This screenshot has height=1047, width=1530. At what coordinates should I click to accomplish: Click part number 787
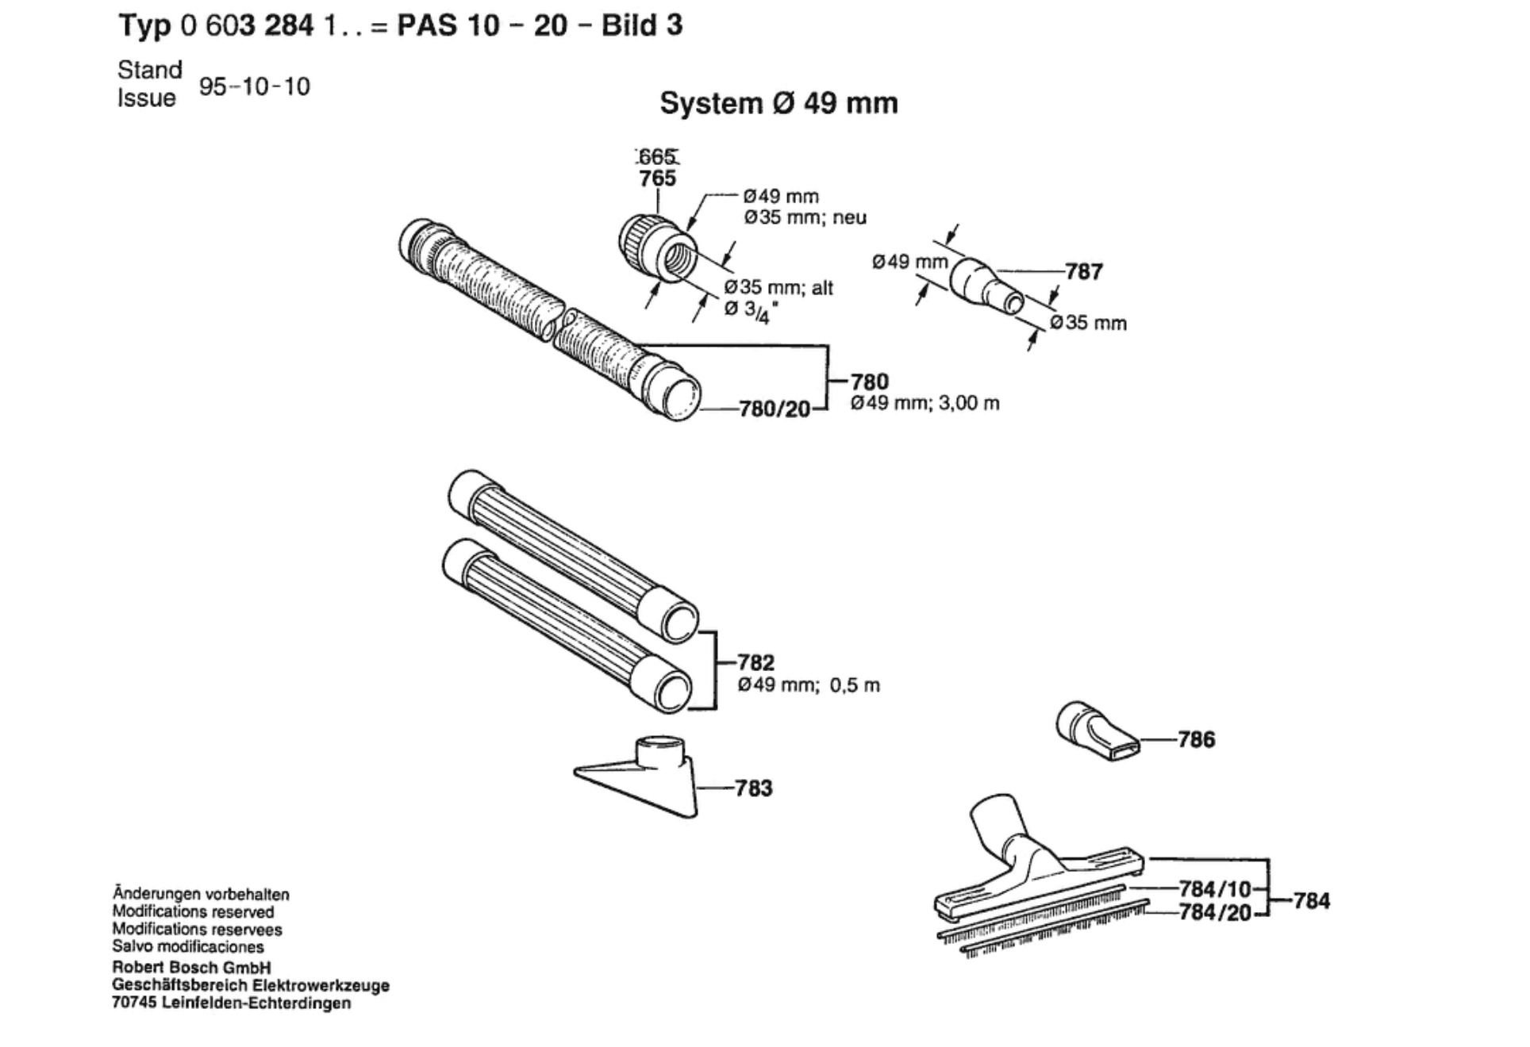coord(1083,272)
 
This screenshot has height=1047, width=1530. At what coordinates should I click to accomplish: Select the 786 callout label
coord(1196,740)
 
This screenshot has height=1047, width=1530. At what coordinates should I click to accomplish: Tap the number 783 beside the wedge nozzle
coord(753,788)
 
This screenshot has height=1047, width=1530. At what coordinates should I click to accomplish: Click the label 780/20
coord(775,409)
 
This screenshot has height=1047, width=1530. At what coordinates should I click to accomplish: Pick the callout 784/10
coord(1214,888)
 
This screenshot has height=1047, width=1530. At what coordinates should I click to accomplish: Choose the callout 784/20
coord(1214,913)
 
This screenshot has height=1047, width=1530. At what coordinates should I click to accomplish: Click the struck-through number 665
coord(657,157)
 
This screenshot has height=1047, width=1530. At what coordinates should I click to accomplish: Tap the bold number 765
coord(657,178)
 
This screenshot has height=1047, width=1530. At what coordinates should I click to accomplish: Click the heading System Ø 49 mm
coord(778,104)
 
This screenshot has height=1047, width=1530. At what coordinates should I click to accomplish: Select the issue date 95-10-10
coord(254,86)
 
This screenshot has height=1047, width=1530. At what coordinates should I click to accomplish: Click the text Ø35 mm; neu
coord(805,217)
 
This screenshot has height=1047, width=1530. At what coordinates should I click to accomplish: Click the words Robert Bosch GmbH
coord(191,968)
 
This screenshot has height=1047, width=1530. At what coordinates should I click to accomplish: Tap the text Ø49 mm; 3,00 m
coord(925,404)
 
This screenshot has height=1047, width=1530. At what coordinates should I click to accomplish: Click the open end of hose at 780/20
coord(679,397)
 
